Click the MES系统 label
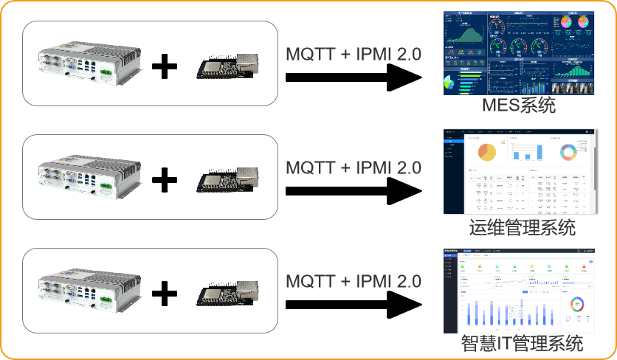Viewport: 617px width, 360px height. point(518,106)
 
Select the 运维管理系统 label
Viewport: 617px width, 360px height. point(522,226)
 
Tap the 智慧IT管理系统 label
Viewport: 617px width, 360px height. point(522,343)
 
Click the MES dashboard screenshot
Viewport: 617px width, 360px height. point(518,53)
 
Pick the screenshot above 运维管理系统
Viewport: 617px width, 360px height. point(518,172)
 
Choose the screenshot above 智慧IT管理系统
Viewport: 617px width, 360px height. point(518,292)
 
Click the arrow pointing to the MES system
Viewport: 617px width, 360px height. point(353,77)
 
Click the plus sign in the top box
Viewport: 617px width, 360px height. point(165,68)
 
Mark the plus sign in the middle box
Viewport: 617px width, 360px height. point(165,180)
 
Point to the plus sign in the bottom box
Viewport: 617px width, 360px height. point(165,294)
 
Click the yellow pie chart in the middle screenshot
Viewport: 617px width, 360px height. point(487,152)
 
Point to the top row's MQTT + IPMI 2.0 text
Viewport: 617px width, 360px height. point(353,53)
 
